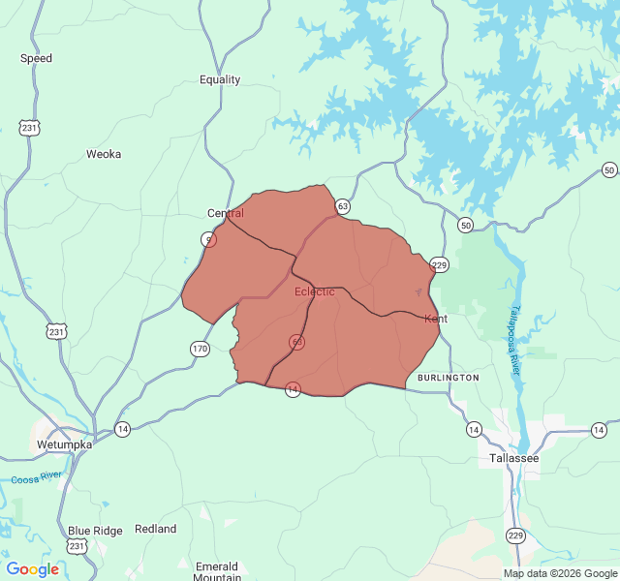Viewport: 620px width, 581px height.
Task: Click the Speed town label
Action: (x=37, y=58)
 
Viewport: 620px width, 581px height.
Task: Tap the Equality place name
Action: (x=220, y=79)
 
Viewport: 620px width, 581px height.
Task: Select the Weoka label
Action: (x=104, y=154)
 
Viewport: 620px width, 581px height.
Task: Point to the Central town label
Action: (x=226, y=213)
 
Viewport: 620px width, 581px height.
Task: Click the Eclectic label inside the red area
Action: (x=315, y=291)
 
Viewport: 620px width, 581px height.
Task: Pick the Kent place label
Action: (x=436, y=319)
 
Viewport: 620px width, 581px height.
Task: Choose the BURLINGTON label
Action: (x=449, y=378)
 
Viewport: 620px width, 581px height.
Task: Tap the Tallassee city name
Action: (x=508, y=458)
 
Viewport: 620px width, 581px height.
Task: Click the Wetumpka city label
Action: (x=64, y=444)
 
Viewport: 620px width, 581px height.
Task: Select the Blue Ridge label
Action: (x=95, y=531)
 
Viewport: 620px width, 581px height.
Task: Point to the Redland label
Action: (x=156, y=529)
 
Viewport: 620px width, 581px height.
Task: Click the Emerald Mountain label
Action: (x=216, y=572)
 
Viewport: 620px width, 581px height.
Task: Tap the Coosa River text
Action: (x=37, y=477)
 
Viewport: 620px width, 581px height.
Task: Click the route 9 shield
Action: (x=209, y=239)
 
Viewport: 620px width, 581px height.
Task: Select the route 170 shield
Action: (x=200, y=349)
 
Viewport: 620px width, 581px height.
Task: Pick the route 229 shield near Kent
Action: (x=439, y=265)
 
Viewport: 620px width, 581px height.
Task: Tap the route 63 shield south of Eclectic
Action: (x=296, y=342)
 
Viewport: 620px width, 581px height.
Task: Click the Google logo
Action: (x=33, y=569)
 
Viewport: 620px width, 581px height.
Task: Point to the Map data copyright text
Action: (x=560, y=573)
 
